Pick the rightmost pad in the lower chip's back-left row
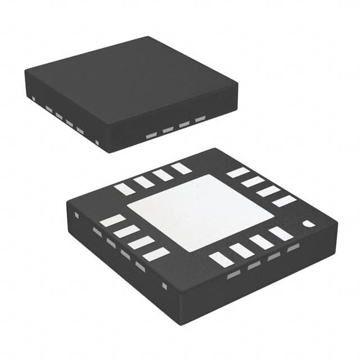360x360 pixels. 181,168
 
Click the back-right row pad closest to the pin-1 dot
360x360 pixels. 285,201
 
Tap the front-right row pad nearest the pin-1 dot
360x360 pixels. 281,234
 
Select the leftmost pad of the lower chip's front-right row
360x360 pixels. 220,259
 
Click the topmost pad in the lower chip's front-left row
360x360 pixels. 112,220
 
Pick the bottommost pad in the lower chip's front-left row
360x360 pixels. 156,254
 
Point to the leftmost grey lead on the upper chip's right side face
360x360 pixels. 151,136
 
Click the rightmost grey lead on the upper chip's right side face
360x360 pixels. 200,120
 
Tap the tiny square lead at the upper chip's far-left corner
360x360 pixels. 34,99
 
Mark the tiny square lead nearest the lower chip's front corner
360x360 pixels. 164,286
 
